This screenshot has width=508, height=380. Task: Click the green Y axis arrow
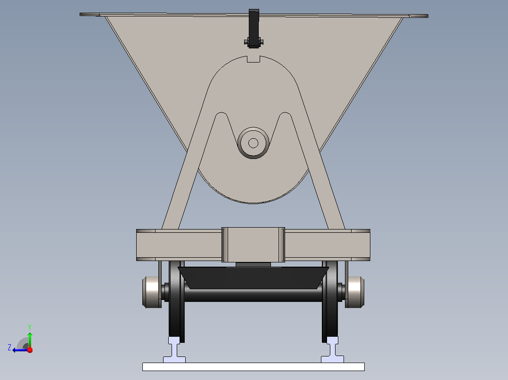pos(30,340)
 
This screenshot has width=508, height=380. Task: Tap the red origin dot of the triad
pos(30,350)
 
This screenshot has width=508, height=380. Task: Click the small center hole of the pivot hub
pos(254,143)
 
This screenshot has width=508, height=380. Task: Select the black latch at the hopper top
pos(254,29)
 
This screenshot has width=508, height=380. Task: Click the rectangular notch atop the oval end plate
pos(254,59)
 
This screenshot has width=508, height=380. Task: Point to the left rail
pos(174,349)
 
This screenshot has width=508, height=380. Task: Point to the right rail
pos(332,349)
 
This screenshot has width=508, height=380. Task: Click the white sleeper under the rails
pos(254,367)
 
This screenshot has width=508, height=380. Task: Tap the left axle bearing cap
pos(152,292)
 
